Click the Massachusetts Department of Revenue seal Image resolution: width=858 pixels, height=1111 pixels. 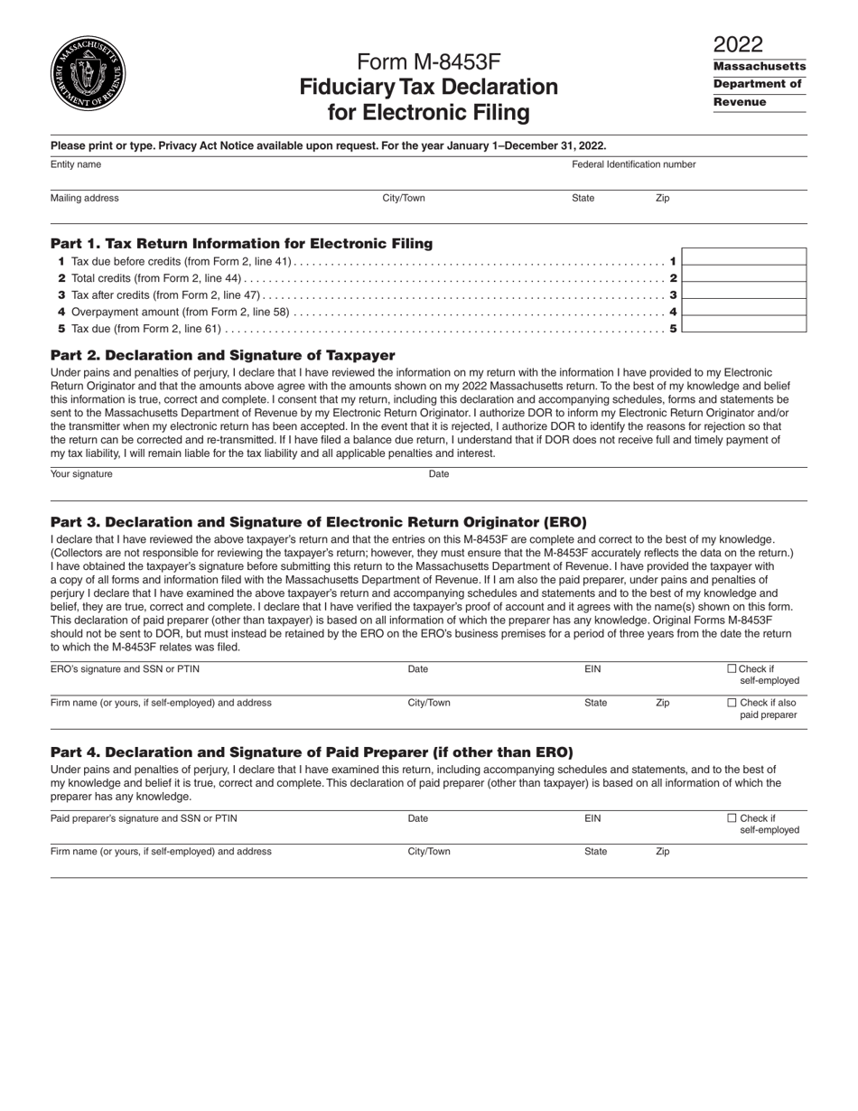point(88,74)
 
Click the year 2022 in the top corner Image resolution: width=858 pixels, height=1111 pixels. point(738,44)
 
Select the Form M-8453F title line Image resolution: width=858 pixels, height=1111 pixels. point(428,61)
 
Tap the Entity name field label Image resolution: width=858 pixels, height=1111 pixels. point(76,164)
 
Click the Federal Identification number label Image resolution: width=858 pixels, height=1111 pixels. point(633,164)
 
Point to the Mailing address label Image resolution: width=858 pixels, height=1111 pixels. point(84,198)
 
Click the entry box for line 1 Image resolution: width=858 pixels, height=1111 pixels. point(743,257)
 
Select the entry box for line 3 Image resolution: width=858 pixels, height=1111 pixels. point(743,291)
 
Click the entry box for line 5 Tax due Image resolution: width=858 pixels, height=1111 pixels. point(743,324)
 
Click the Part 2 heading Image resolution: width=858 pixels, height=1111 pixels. point(222,355)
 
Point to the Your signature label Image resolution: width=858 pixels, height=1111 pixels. point(81,474)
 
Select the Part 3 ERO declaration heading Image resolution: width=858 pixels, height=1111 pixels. point(318,522)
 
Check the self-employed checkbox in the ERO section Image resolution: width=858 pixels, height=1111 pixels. point(732,669)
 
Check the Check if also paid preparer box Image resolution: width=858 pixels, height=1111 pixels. point(732,703)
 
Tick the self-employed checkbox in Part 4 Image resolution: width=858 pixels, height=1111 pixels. point(732,818)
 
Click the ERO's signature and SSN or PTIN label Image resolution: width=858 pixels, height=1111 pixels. point(125,669)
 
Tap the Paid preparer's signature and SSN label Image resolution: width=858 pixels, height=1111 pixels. point(144,818)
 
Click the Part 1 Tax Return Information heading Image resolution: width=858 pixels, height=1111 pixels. point(241,243)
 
